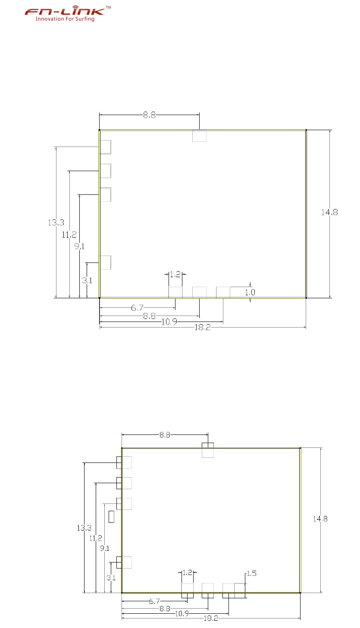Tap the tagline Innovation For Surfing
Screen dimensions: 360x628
pyautogui.click(x=65, y=19)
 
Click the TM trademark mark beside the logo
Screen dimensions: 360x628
pyautogui.click(x=108, y=7)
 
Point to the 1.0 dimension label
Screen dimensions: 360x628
pyautogui.click(x=250, y=292)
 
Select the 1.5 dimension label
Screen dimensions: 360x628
pyautogui.click(x=251, y=573)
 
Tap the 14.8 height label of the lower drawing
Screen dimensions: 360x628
pyautogui.click(x=320, y=519)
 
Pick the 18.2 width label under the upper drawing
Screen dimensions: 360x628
pyautogui.click(x=203, y=328)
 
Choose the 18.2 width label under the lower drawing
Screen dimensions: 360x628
pyautogui.click(x=211, y=618)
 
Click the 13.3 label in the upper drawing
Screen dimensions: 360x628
pyautogui.click(x=56, y=223)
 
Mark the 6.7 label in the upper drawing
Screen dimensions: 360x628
pyautogui.click(x=137, y=308)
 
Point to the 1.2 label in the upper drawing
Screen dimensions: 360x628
pyautogui.click(x=175, y=274)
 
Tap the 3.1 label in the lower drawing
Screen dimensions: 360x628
pyautogui.click(x=111, y=578)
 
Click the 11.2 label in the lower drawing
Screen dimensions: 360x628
pyautogui.click(x=96, y=538)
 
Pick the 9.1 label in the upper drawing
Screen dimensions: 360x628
pyautogui.click(x=80, y=247)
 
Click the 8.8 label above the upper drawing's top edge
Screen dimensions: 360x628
pyautogui.click(x=149, y=115)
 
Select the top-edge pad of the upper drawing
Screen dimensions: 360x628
pyautogui.click(x=199, y=136)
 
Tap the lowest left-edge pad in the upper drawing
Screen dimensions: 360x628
pyautogui.click(x=105, y=262)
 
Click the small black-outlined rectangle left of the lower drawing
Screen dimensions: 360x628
pyautogui.click(x=111, y=517)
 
